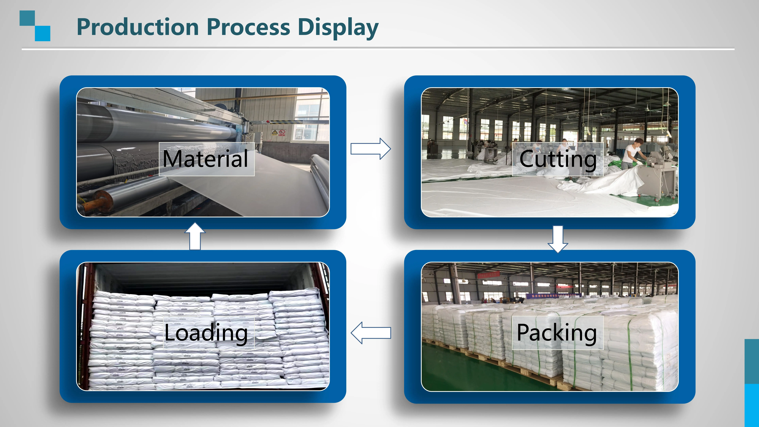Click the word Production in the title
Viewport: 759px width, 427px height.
coord(138,27)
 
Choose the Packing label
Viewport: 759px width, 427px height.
coord(557,333)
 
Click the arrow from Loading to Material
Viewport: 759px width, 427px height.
coord(195,236)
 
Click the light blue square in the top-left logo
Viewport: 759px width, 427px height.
coord(43,33)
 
